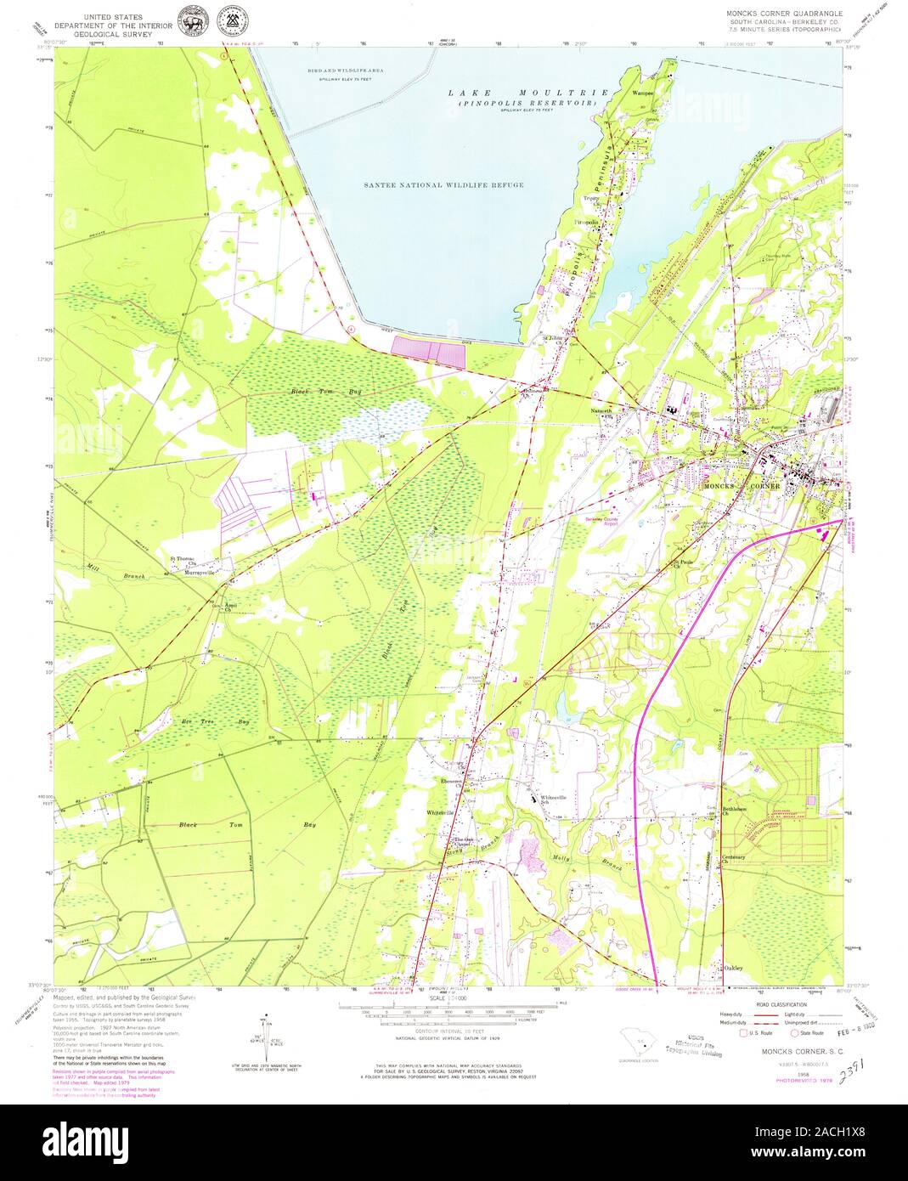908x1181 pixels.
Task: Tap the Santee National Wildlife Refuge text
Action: (443, 184)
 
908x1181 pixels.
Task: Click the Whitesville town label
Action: (441, 813)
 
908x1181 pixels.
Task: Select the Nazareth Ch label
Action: (601, 410)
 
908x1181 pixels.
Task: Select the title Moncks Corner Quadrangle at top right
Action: (783, 14)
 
